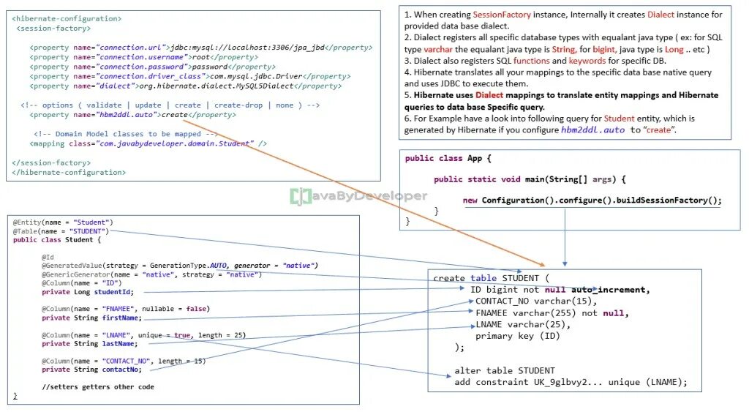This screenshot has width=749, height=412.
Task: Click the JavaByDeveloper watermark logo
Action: coord(358,195)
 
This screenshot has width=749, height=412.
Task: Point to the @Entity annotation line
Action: coord(63,222)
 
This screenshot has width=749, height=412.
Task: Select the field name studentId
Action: coord(113,291)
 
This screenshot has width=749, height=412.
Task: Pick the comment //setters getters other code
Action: coord(98,386)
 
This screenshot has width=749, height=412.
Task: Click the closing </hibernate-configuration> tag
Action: coord(69,173)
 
